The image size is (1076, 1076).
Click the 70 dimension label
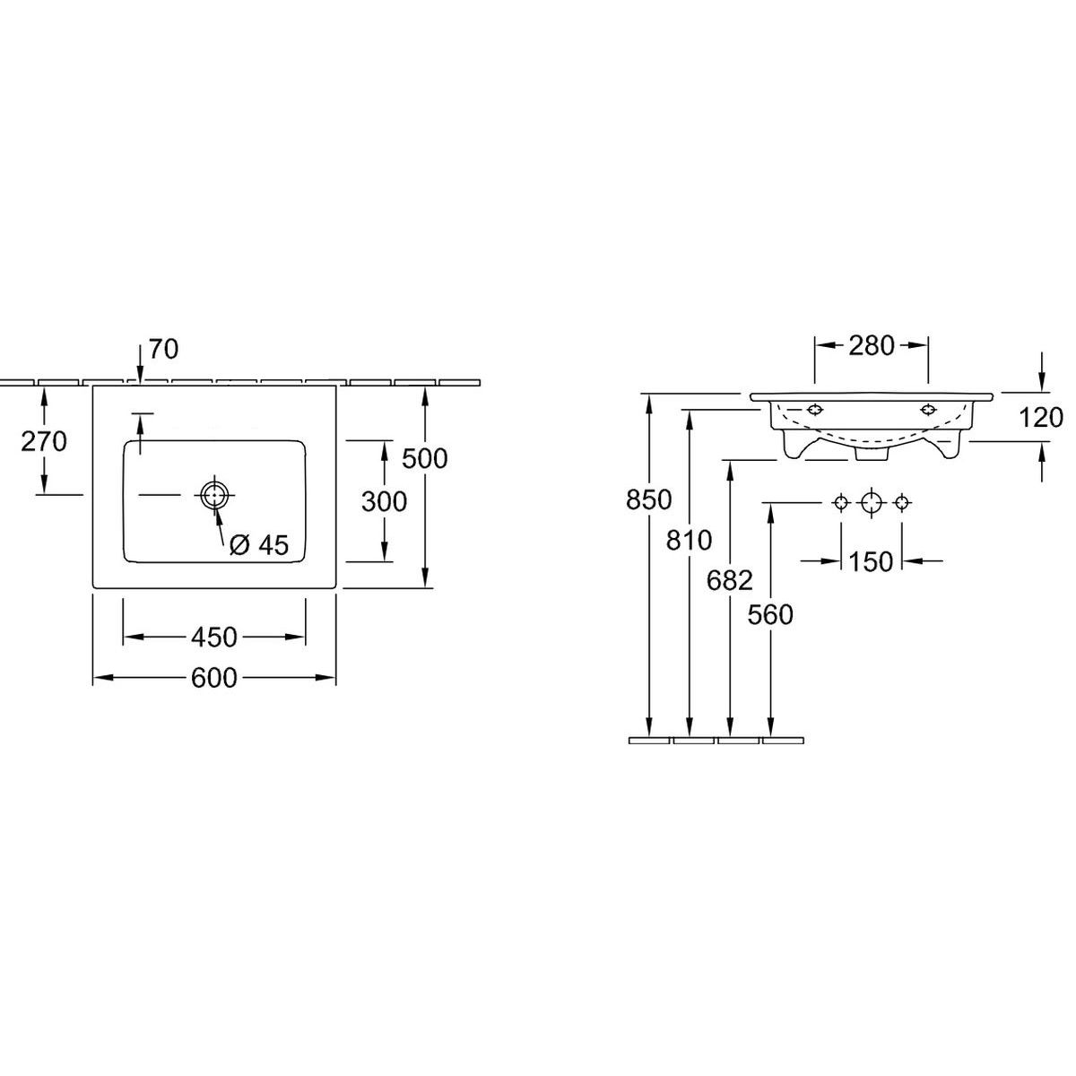point(163,349)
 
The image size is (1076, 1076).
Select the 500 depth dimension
point(424,458)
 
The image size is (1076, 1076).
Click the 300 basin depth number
point(384,502)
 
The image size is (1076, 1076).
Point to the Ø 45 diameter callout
point(259,545)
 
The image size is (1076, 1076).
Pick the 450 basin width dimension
point(214,637)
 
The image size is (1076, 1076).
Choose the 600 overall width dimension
point(214,679)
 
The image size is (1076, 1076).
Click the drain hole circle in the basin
point(214,494)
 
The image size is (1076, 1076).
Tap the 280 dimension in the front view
point(871,345)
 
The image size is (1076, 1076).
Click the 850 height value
point(649,500)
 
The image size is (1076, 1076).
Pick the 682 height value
point(729,581)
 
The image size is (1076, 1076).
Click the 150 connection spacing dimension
point(871,561)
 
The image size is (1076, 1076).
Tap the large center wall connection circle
point(871,502)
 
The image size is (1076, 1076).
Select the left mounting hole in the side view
point(814,411)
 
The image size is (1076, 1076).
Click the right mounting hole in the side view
point(927,411)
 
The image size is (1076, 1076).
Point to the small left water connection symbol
point(841,502)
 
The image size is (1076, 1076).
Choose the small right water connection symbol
point(901,502)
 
